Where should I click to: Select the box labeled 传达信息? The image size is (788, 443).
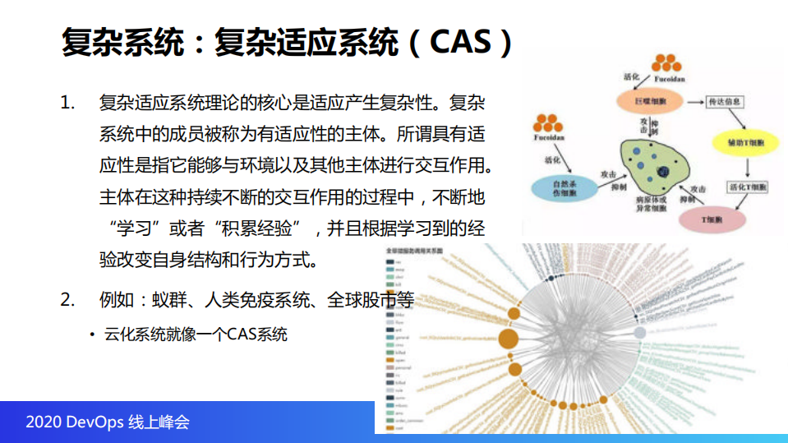726,102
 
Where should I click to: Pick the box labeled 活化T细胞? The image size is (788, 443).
747,188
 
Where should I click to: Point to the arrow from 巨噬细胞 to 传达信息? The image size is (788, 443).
693,102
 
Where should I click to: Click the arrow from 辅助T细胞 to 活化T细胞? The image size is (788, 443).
746,167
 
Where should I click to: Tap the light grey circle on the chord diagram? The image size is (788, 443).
640,333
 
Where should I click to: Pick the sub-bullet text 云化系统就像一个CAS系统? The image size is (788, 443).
195,335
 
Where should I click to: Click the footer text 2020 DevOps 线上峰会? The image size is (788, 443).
108,422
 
